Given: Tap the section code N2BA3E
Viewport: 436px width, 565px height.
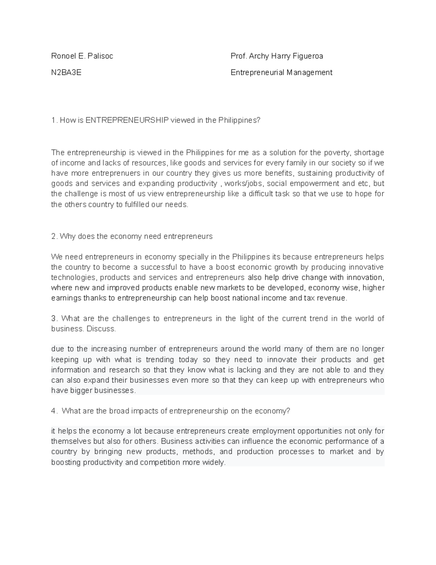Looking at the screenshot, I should click(66, 72).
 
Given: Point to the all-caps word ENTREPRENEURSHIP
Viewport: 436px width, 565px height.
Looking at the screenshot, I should click(127, 120).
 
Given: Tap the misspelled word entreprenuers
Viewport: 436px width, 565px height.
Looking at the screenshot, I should click(116, 173).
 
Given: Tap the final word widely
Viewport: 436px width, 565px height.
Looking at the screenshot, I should click(214, 463).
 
